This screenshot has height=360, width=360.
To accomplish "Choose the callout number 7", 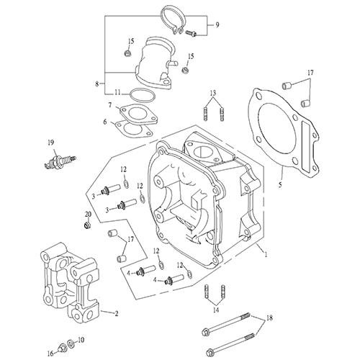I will coord(110,106).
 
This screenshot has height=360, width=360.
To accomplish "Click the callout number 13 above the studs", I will coord(213,94).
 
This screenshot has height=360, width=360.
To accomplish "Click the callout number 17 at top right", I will coord(310,73).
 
